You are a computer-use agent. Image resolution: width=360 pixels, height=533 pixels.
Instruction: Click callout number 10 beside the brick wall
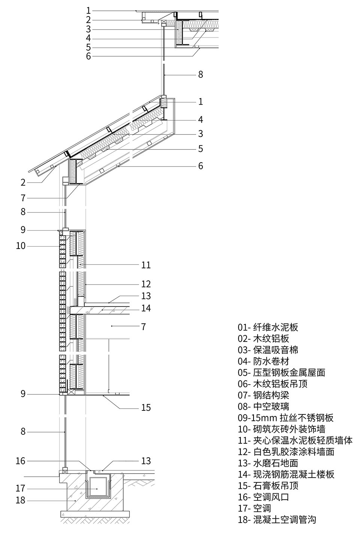21,246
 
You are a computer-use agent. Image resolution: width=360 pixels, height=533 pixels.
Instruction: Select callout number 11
146,265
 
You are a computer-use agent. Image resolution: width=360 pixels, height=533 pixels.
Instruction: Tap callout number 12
146,284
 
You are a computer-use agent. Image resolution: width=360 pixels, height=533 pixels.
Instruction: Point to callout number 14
146,308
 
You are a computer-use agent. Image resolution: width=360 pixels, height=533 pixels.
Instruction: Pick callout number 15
146,407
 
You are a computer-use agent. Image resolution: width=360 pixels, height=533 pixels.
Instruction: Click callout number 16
21,461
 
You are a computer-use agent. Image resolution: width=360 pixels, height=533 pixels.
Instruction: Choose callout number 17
21,488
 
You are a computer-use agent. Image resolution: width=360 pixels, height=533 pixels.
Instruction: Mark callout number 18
21,500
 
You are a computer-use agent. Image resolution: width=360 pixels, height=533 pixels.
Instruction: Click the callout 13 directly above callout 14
146,296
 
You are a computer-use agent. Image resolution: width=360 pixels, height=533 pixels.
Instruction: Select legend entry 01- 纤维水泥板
268,328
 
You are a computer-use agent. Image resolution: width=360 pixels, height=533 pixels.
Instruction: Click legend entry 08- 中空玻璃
263,406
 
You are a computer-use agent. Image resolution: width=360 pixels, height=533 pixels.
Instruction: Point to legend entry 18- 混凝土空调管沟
277,520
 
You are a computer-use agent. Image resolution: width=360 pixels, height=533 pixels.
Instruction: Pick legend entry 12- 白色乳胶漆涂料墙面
286,452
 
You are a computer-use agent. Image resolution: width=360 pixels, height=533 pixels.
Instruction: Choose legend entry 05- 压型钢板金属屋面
281,373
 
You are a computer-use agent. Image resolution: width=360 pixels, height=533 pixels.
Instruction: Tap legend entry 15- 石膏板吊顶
268,486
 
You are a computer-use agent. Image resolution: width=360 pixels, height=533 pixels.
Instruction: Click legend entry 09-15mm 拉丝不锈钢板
285,418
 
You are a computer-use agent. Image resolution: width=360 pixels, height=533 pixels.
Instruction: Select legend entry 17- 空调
254,508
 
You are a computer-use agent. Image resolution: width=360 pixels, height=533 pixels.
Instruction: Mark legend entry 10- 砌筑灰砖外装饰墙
281,429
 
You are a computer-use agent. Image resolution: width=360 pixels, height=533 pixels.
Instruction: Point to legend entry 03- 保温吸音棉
268,350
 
